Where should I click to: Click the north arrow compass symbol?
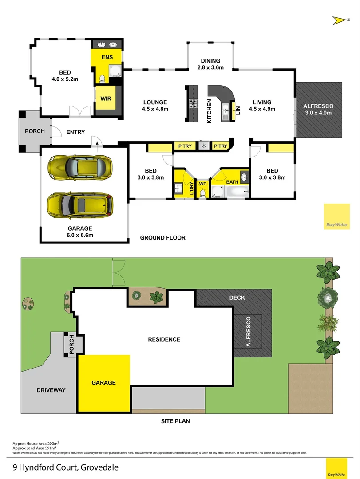point(339,20)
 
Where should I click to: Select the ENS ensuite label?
point(107,57)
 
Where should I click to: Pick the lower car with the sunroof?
point(80,204)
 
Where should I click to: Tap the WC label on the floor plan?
point(203,184)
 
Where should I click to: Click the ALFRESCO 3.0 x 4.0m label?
point(318,109)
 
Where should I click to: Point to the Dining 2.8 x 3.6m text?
point(210,64)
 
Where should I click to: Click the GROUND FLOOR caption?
point(162,238)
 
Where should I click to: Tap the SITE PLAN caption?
point(175,421)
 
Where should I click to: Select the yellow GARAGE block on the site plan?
point(104,383)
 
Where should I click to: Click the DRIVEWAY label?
point(51,390)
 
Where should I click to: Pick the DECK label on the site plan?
point(237,298)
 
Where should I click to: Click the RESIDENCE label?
point(164,339)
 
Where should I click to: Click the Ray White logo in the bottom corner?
point(336,468)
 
